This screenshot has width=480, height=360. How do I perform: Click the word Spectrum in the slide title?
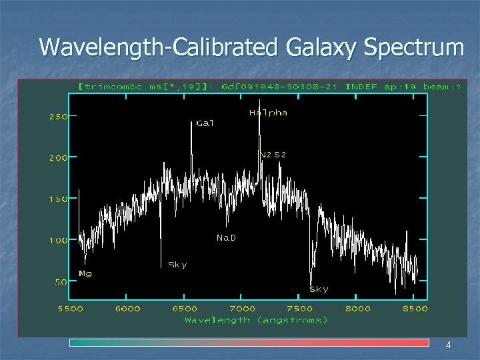pos(415,47)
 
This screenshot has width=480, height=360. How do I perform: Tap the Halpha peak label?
pos(268,113)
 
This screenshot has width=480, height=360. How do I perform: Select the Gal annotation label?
pos(205,123)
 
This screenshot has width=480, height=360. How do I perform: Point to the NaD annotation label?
pos(226,238)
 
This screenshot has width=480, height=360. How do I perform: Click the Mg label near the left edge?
pos(85,273)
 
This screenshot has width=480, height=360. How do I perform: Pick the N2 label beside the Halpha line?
pos(265,155)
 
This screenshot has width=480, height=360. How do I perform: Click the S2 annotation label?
pos(280,155)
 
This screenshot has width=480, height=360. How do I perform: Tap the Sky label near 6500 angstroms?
pos(177,265)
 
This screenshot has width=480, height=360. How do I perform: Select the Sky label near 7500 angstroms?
pos(319,289)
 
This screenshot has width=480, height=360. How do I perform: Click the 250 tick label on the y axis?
pos(57,116)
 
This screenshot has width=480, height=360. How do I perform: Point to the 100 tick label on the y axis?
pos(57,240)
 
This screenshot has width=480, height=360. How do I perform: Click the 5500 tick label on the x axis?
pos(71,309)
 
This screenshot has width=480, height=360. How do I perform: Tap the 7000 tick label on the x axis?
pos(243,309)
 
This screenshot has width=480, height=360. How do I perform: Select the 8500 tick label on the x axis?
pos(415,309)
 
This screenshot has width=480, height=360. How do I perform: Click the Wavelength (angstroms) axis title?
pos(256,320)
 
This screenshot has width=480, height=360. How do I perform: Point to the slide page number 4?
pos(448,345)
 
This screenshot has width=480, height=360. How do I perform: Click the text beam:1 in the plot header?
pos(439,87)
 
